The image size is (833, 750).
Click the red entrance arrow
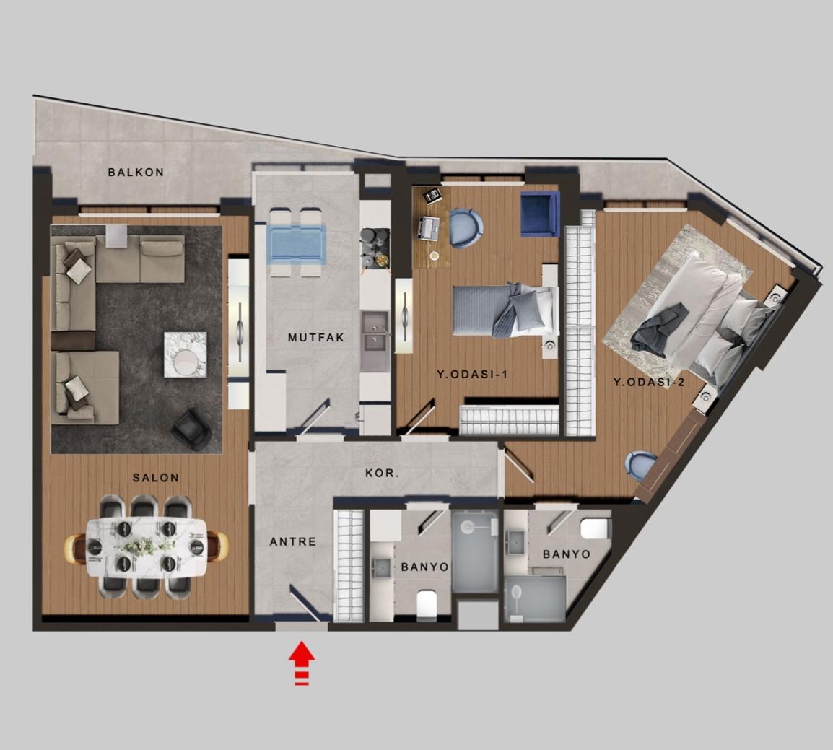tap(302, 663)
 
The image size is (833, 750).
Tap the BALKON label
tap(136, 172)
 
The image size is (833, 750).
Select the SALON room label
tap(156, 478)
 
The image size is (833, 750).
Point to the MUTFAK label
tap(316, 337)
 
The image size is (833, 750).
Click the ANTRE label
tap(293, 542)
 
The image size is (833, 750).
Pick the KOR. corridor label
tap(383, 473)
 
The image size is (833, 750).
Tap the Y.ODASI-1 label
tap(472, 375)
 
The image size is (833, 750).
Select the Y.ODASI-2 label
tap(649, 382)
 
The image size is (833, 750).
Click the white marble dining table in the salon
tap(147, 547)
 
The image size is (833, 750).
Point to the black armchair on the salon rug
tap(192, 429)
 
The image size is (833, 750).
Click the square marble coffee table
tap(185, 354)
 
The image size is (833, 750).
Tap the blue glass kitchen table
tap(297, 244)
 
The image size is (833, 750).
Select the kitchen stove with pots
tap(375, 248)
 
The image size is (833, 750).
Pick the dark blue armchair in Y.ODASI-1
tap(540, 214)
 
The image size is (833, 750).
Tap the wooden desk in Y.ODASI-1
tap(432, 227)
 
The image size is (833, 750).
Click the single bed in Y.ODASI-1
tap(505, 311)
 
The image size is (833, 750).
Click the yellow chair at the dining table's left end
tap(75, 547)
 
